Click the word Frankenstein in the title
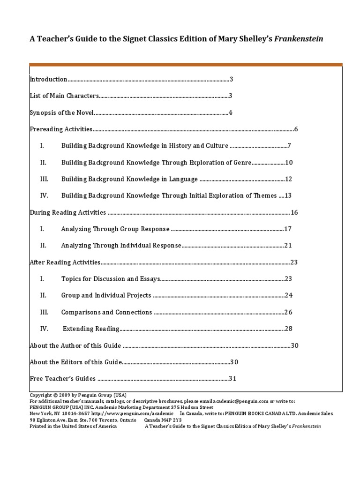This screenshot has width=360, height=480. point(299,39)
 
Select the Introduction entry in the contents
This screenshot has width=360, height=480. point(48,79)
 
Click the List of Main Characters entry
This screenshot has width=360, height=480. point(64,96)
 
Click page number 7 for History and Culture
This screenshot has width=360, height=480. point(290,146)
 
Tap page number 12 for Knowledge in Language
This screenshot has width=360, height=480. point(288,179)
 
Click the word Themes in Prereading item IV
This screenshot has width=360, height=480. point(265,195)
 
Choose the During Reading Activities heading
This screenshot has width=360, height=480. point(67,212)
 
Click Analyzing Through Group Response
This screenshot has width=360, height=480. point(115,229)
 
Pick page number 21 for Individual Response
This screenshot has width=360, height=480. point(288,246)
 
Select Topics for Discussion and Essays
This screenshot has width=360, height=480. point(111,279)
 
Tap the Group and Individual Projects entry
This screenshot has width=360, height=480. point(106,295)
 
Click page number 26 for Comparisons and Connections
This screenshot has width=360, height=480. point(288,312)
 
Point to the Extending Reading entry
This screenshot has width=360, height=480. point(91,329)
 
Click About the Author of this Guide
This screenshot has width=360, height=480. point(75,345)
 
